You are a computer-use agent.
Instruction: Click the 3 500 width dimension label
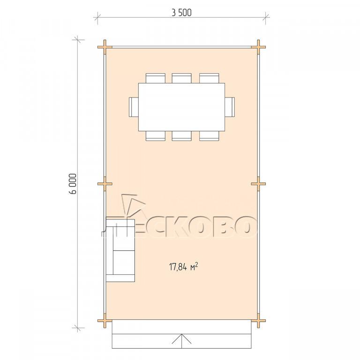coord(181,13)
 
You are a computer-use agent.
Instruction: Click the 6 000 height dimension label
coord(72,184)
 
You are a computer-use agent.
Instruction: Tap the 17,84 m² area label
coord(184,267)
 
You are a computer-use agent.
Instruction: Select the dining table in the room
coord(181,107)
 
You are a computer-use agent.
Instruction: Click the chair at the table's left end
coord(134,107)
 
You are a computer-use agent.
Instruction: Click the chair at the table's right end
coord(230,107)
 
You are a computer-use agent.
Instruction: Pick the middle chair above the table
coord(181,78)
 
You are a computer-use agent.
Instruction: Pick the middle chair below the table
coord(181,135)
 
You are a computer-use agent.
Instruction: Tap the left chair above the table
coord(156,78)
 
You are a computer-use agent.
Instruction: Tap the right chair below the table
coord(209,135)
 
